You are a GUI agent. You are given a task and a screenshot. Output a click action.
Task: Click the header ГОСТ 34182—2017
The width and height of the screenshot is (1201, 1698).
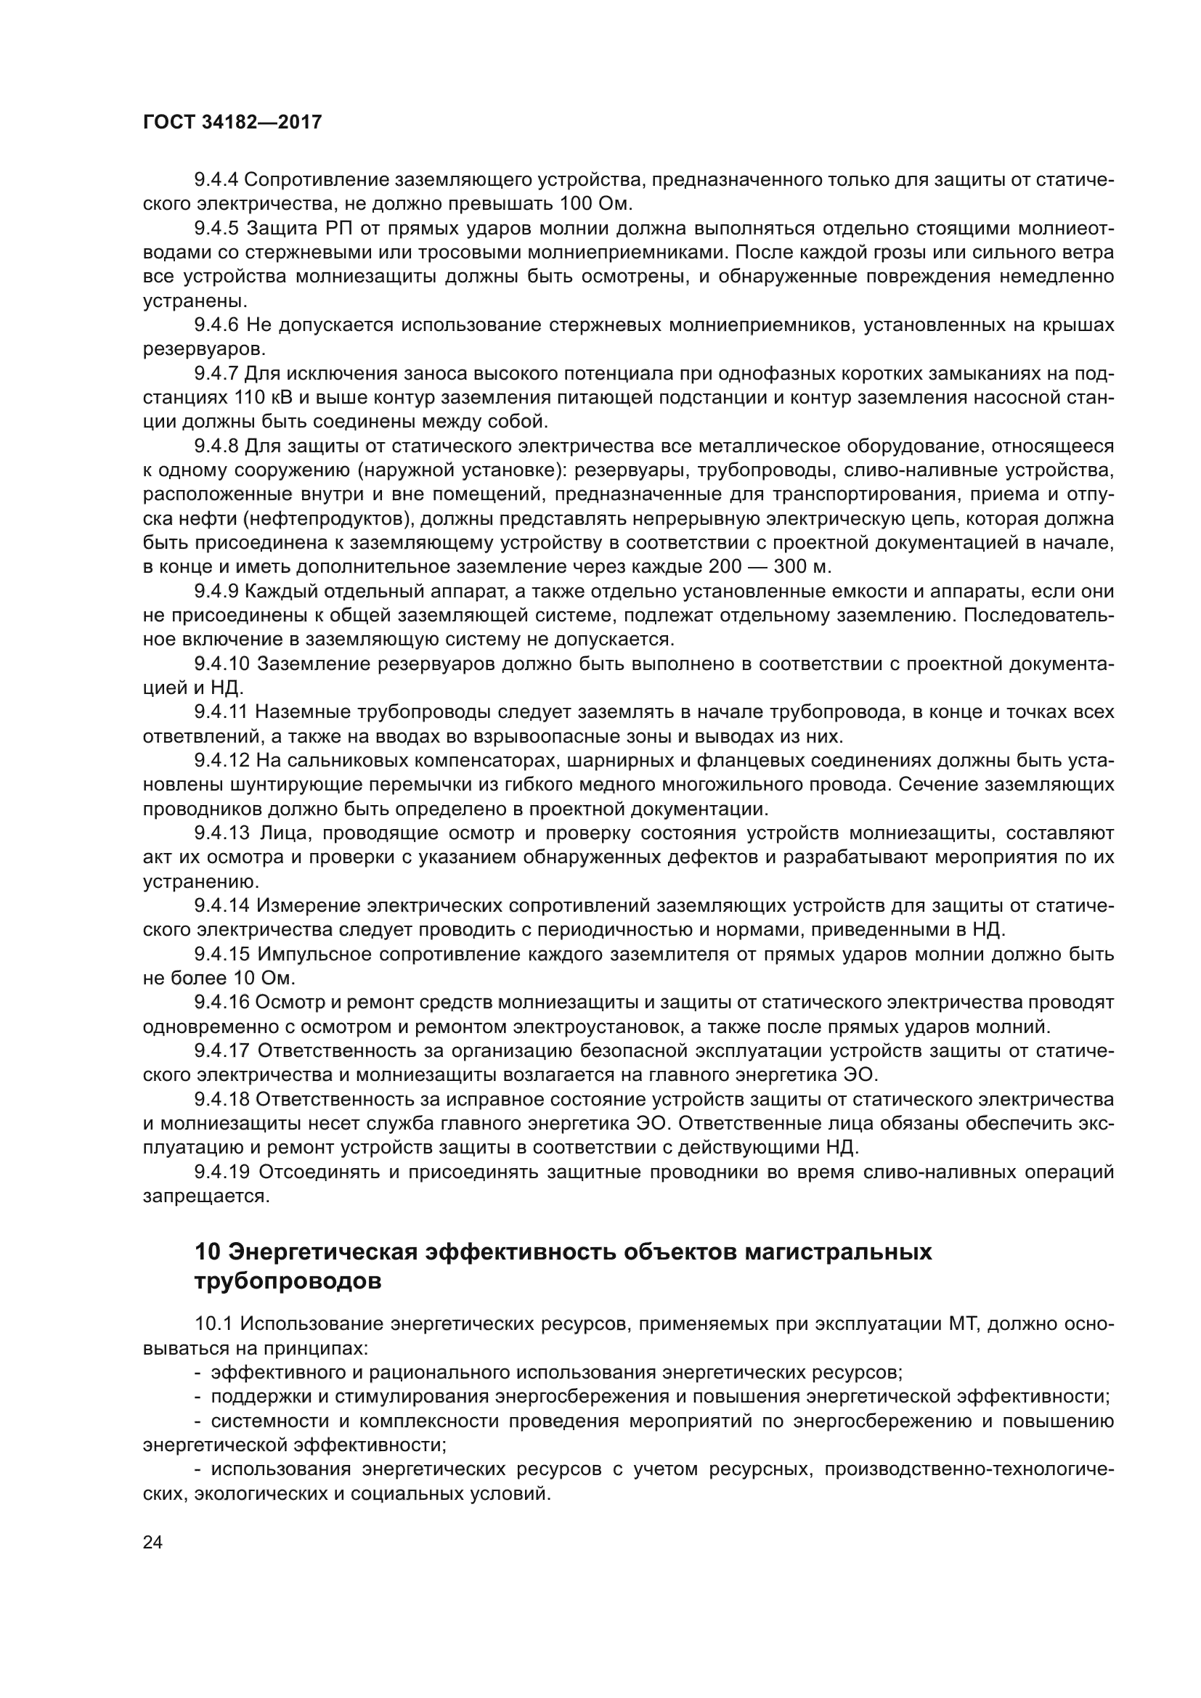[x=232, y=123]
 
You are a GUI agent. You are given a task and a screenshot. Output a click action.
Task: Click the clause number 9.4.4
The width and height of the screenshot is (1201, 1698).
[x=216, y=180]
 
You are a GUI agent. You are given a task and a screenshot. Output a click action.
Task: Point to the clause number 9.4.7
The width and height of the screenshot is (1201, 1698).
[x=216, y=373]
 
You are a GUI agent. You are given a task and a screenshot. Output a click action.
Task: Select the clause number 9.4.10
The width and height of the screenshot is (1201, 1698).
[x=222, y=664]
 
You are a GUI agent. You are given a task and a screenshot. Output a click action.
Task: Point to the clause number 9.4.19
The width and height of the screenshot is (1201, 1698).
[x=222, y=1172]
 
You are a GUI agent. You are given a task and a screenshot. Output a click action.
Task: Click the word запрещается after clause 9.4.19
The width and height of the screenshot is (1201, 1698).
[x=205, y=1196]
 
